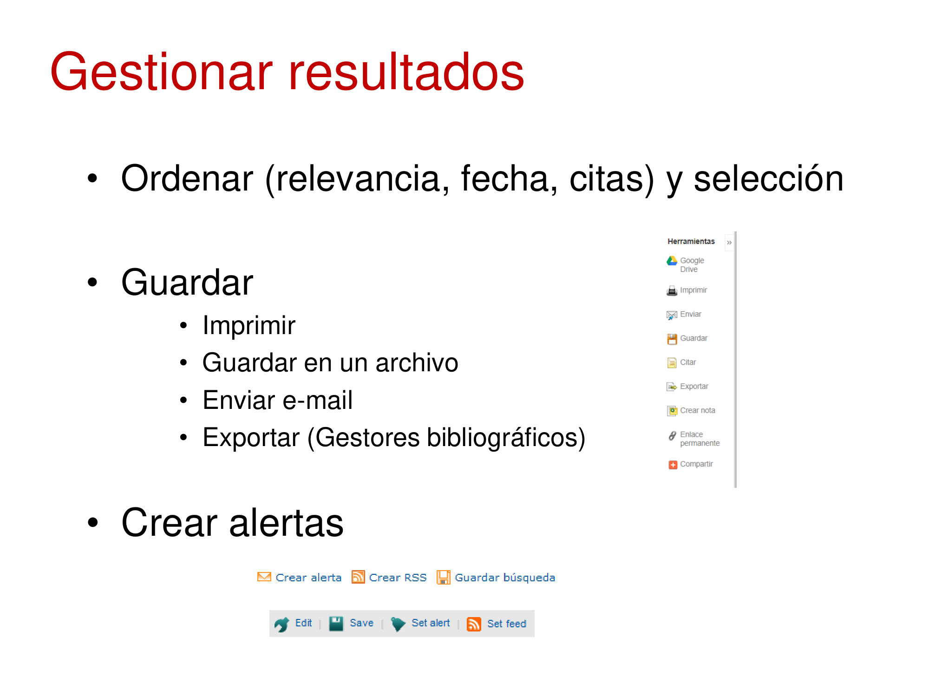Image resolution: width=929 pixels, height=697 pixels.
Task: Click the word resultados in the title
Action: coord(406,72)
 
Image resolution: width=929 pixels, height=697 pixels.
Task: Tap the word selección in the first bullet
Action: coord(768,178)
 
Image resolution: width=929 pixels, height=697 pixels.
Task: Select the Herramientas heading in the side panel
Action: coord(691,241)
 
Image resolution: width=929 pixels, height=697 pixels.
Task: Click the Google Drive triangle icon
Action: coord(672,261)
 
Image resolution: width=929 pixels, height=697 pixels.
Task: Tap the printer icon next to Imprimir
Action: coord(672,291)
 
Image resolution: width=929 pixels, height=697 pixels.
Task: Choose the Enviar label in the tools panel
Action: coord(691,314)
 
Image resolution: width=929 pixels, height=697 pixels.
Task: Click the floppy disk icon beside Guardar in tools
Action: coord(672,339)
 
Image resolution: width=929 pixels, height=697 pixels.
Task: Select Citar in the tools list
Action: coord(688,362)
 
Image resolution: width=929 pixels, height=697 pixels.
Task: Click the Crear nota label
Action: coord(698,410)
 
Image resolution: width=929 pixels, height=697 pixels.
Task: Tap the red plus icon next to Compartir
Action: coord(673,465)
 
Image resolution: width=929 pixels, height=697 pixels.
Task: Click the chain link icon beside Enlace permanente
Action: coord(672,436)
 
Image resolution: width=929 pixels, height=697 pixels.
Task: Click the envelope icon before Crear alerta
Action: coord(264,577)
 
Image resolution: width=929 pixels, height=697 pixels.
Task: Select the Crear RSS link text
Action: coord(398,578)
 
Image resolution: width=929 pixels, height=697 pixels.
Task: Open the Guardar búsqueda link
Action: coord(505,578)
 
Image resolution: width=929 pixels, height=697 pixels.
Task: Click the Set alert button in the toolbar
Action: coord(421,624)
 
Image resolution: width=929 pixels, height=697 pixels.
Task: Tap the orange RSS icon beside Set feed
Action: coord(474,624)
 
